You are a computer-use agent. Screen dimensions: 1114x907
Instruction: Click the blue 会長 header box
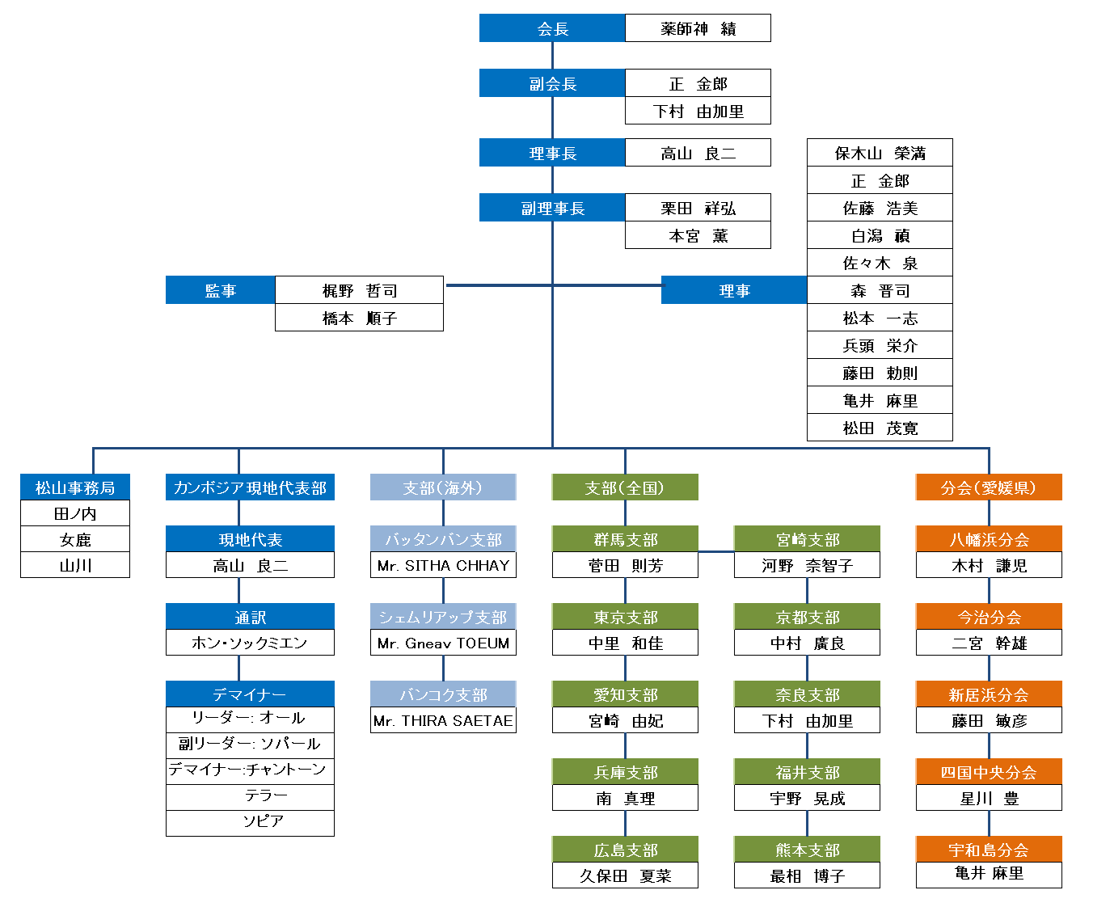click(552, 28)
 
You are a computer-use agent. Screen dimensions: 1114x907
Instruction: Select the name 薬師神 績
click(698, 28)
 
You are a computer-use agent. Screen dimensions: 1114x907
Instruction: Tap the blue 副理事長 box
click(552, 208)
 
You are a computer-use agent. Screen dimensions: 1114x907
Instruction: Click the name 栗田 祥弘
click(698, 209)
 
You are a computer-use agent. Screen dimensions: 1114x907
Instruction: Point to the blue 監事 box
click(220, 289)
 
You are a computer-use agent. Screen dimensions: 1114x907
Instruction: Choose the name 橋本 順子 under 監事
click(359, 318)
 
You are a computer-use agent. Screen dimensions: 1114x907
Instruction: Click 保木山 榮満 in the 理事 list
click(880, 153)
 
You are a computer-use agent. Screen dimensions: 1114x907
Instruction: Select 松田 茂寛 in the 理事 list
click(880, 428)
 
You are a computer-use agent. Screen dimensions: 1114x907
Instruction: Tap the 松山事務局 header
click(75, 487)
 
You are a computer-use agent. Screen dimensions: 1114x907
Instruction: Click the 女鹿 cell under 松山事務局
click(75, 538)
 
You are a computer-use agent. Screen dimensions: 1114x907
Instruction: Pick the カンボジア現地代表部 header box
click(250, 487)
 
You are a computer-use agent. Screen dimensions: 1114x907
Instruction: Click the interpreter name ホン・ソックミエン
click(250, 643)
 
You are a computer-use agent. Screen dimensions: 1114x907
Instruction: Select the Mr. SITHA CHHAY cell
click(443, 565)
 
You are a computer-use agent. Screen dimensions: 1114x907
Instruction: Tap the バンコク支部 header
click(443, 694)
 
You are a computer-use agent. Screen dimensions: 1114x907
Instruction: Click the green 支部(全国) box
click(625, 487)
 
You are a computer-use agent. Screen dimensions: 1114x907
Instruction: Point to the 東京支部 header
click(625, 617)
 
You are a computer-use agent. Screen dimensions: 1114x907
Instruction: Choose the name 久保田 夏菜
click(625, 875)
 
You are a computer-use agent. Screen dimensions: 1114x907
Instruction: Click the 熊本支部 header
click(807, 850)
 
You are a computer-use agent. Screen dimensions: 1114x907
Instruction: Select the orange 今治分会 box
click(989, 617)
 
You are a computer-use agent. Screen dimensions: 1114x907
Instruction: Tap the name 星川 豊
click(989, 798)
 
